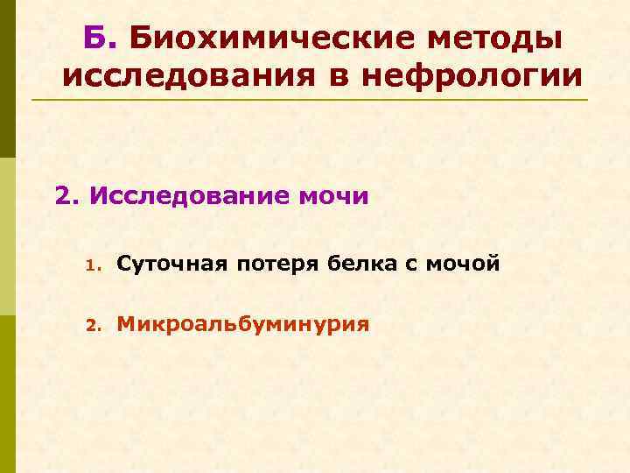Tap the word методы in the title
(496, 37)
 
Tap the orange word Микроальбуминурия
(243, 325)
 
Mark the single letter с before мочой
(409, 263)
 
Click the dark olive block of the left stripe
(7, 79)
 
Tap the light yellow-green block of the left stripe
(7, 236)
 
